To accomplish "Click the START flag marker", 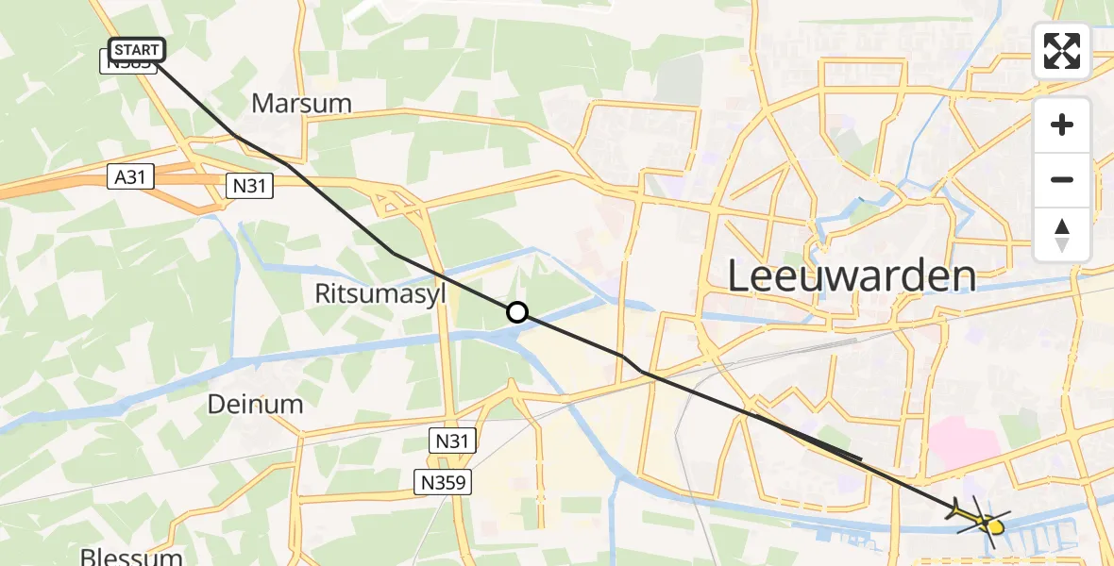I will pos(138,49).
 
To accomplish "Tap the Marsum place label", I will pos(302,103).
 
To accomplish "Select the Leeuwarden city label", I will pos(852,276).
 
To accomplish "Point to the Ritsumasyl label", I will pos(380,294).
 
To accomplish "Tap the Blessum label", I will pos(130,555).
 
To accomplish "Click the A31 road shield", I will pos(130,176).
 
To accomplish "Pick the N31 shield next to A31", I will pos(250,186).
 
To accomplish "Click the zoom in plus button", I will pos(1062,125).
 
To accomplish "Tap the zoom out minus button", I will pos(1062,179).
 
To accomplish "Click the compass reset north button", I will pos(1062,234).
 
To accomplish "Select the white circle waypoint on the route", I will pos(517,311).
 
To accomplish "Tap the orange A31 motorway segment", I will pos(57,188).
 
